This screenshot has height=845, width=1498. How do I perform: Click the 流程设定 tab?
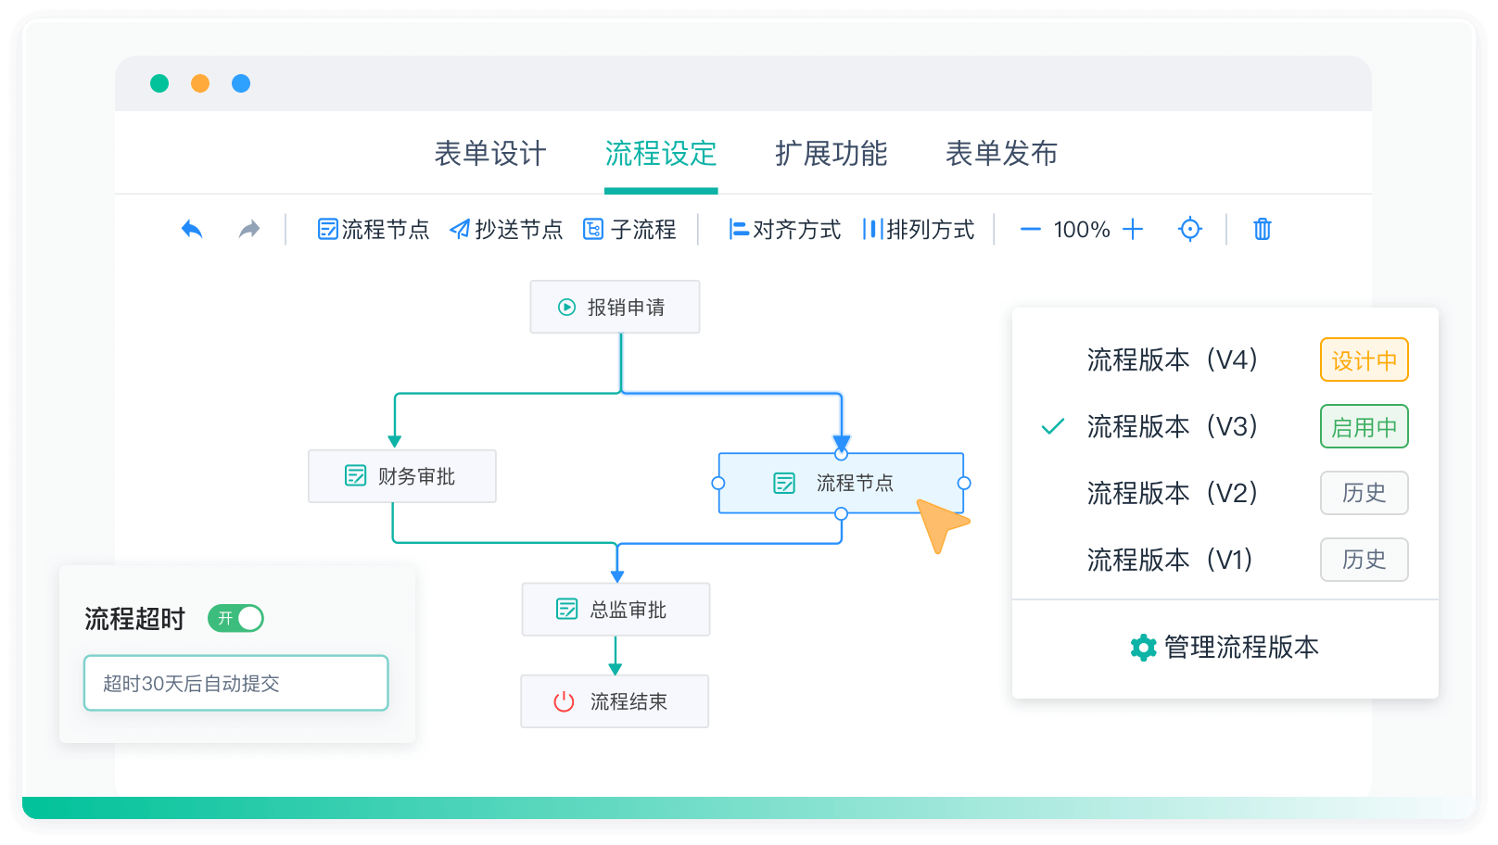coord(661,154)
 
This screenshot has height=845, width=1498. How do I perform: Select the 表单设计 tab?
coord(490,154)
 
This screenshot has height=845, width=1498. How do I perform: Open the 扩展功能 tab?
coord(832,154)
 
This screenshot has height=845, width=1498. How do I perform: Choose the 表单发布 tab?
coord(1001,154)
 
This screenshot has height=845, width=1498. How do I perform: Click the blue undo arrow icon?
coord(192,229)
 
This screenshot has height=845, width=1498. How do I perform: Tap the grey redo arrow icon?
coord(249,229)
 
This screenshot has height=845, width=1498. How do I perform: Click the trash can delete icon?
coord(1262,229)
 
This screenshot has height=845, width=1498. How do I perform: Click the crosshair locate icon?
coord(1190,229)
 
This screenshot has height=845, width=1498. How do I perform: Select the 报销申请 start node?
coord(615,307)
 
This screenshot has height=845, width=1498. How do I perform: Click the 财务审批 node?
coord(402,476)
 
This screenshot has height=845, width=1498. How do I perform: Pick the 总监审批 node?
coord(616,610)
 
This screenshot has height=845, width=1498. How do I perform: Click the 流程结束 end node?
coord(615,701)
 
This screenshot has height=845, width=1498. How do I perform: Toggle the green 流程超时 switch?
coord(236,618)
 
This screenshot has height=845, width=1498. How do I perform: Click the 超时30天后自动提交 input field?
coord(235,683)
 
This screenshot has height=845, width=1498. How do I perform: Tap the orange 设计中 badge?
coord(1364,360)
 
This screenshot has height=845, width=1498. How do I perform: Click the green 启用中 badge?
coord(1364,427)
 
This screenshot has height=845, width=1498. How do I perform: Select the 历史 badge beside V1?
coord(1364,560)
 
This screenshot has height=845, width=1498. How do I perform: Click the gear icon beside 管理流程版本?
coord(1143,648)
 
